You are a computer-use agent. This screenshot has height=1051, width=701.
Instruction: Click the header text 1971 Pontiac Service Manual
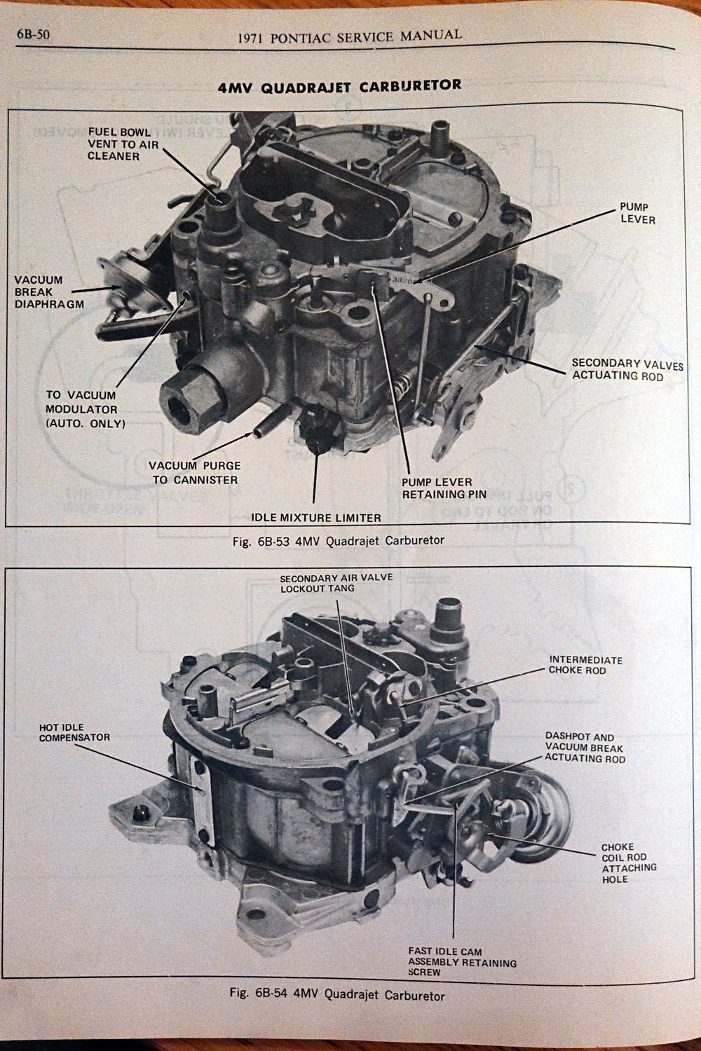(350, 36)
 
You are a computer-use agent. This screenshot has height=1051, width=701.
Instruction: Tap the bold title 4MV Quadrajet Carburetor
(340, 86)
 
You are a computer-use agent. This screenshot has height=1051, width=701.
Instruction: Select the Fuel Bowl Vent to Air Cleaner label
(123, 144)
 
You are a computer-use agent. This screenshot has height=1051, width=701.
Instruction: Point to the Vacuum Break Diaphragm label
(48, 291)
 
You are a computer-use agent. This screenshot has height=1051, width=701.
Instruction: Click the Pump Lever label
(637, 214)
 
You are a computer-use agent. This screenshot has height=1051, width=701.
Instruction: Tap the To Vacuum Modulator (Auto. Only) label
(86, 409)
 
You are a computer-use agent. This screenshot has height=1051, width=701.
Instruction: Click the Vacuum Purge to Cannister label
(194, 472)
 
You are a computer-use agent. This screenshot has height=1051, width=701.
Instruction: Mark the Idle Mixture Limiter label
(316, 518)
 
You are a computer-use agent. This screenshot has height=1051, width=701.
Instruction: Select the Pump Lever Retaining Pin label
(443, 488)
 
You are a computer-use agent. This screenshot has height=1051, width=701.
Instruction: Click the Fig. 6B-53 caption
(339, 541)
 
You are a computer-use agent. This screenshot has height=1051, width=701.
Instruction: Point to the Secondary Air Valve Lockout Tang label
(336, 583)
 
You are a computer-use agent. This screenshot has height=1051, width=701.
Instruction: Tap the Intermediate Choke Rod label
(585, 665)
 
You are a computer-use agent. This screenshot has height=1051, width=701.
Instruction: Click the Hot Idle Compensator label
(74, 733)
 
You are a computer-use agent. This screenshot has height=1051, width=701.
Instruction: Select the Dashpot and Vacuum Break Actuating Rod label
(585, 748)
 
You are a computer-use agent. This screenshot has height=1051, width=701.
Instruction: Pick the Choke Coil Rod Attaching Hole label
(629, 863)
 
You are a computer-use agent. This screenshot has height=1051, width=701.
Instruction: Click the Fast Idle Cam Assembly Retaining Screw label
(462, 961)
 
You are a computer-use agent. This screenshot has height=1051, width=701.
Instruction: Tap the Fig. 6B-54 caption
(336, 994)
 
